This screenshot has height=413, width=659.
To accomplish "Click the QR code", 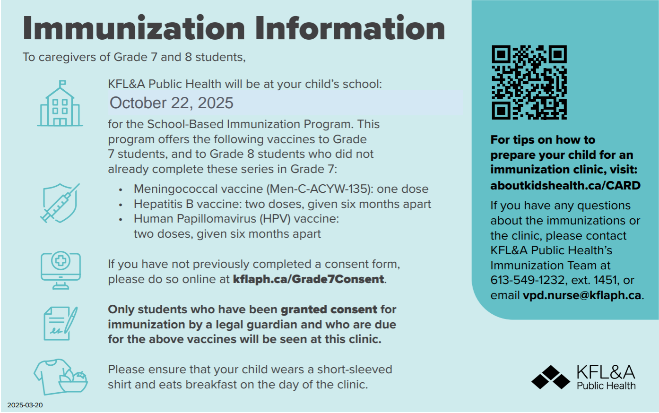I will (529, 82).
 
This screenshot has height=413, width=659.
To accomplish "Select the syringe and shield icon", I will (60, 203).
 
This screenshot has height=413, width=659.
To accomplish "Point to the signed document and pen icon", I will (61, 324).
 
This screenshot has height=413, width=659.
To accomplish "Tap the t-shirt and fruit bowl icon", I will (61, 376).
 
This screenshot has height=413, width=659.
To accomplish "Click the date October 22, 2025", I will (172, 103).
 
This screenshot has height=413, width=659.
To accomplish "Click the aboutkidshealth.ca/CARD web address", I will (565, 185).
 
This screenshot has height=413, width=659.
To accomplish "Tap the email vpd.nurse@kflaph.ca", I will (582, 295).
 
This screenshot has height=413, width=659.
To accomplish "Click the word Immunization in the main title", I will (134, 28).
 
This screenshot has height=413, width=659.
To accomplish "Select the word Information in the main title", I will (350, 28).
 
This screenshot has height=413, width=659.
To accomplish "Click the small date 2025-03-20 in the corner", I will (25, 405).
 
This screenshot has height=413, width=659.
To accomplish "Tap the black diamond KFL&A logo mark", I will (550, 377).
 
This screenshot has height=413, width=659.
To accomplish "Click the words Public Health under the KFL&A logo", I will (606, 386).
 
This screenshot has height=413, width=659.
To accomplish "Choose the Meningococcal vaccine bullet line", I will (281, 189).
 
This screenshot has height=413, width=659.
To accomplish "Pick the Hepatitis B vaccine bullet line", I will (282, 204).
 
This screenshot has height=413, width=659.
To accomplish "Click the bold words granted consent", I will (329, 310).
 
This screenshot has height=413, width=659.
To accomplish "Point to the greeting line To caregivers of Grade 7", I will (134, 57).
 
